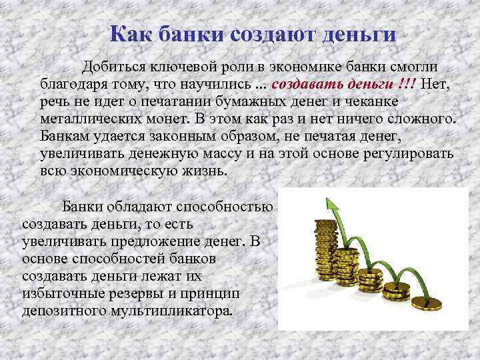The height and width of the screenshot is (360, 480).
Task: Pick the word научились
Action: [215, 85]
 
